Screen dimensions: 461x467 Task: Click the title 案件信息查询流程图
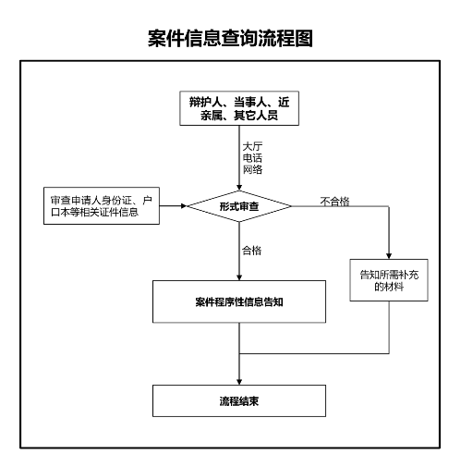230,38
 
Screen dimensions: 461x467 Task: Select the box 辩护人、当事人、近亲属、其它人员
239,108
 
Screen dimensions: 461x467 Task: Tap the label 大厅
252,146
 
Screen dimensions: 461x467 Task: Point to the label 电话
252,158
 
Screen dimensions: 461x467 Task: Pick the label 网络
252,169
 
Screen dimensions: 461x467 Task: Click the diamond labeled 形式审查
239,206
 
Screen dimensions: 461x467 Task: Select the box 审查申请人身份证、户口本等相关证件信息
102,205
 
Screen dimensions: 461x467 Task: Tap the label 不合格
334,202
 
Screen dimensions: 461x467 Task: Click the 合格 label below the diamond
251,251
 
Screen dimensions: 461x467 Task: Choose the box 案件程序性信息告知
239,301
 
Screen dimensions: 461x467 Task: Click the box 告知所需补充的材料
389,280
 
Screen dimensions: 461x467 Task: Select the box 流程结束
239,400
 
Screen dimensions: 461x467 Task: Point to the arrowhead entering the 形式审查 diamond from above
239,187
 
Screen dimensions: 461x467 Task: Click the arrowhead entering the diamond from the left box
184,206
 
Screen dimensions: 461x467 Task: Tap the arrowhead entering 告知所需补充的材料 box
389,256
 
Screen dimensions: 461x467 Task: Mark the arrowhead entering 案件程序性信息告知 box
239,277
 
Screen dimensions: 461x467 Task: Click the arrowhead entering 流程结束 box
239,382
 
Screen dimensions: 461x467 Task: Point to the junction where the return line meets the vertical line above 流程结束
239,353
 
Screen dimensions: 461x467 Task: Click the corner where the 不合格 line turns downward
389,206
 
